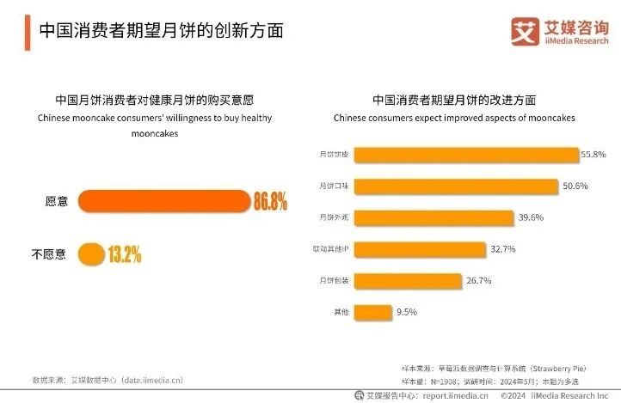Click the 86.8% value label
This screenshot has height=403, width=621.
click(269, 202)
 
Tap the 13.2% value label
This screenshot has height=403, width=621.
click(125, 254)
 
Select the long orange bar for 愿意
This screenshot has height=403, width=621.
click(163, 202)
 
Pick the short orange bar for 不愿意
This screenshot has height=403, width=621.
click(90, 254)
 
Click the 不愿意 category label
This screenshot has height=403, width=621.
click(49, 254)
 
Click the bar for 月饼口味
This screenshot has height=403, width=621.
click(457, 186)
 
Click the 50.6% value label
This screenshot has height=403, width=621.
click(575, 186)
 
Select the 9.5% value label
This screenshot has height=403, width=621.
click(406, 311)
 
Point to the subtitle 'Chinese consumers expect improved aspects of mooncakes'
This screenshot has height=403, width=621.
click(453, 118)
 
